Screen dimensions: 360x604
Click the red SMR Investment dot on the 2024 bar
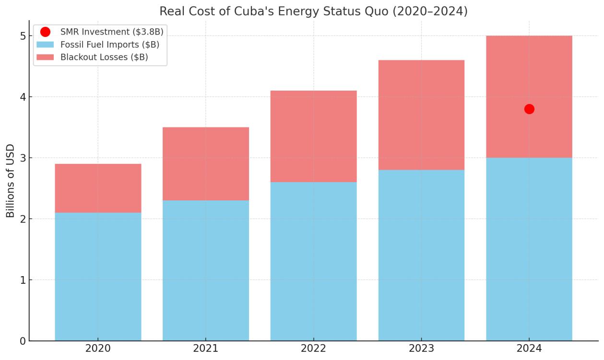click(x=529, y=109)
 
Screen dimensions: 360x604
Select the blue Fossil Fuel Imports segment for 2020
click(x=98, y=277)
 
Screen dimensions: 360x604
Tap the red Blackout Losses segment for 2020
click(x=98, y=188)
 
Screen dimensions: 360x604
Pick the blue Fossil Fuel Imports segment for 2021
click(x=206, y=270)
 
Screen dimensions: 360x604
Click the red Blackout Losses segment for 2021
click(x=206, y=163)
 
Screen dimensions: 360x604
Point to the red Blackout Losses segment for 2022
click(x=313, y=136)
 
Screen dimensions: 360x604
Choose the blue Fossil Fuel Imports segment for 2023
click(x=421, y=255)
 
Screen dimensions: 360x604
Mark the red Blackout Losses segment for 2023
click(x=421, y=115)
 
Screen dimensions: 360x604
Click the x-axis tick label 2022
click(x=313, y=348)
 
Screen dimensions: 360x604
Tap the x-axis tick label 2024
click(x=529, y=348)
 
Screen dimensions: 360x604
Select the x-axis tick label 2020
click(x=98, y=348)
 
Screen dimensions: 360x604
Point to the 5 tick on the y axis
click(x=22, y=36)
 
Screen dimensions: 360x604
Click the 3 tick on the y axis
click(x=22, y=158)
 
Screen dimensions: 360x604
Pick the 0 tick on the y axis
click(x=22, y=341)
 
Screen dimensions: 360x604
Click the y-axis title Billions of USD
click(x=11, y=181)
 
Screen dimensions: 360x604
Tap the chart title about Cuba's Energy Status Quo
click(x=313, y=11)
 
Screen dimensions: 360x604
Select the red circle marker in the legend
click(x=45, y=32)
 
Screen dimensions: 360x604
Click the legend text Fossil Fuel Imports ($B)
click(x=110, y=45)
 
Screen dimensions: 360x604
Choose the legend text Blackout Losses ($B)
click(x=104, y=57)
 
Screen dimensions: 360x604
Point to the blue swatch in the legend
click(x=45, y=45)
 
